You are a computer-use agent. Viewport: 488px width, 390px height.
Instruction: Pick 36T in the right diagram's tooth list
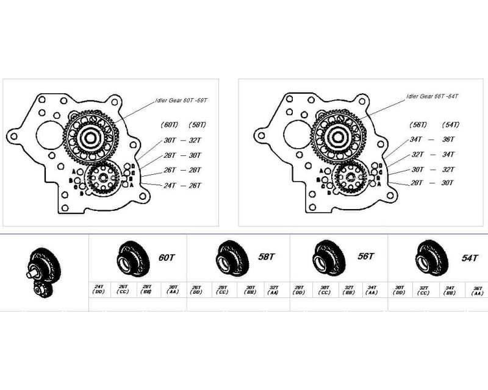448,139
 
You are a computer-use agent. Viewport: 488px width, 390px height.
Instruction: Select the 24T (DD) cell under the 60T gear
98,289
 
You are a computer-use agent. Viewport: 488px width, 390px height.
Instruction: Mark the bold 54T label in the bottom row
467,257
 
